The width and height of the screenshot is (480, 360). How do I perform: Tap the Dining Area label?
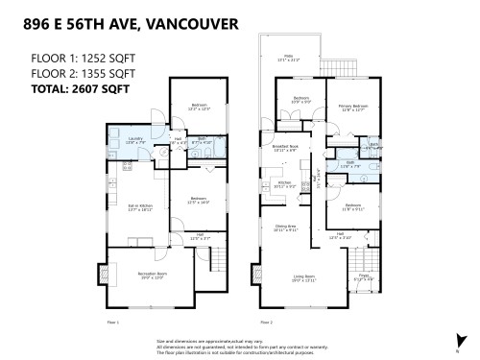point(285,229)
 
